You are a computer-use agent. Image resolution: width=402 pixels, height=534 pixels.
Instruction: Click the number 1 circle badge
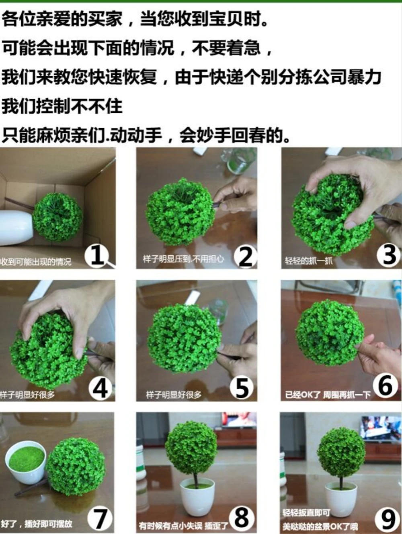click(97, 255)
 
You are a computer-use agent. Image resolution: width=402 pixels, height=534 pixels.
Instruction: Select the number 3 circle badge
click(389, 255)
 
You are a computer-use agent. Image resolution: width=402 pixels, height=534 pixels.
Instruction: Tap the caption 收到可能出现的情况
click(36, 262)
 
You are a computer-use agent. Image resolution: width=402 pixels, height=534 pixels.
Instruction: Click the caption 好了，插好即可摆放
click(37, 524)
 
